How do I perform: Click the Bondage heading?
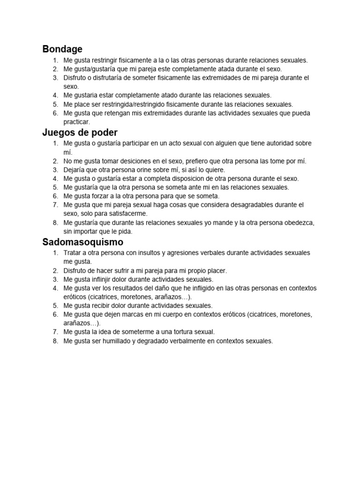click(62, 49)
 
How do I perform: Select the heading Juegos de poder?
click(80, 132)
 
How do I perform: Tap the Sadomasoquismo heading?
click(82, 242)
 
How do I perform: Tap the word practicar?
click(76, 122)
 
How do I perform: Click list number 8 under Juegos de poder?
click(55, 223)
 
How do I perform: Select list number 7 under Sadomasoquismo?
click(55, 332)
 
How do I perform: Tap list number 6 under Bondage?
click(55, 113)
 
